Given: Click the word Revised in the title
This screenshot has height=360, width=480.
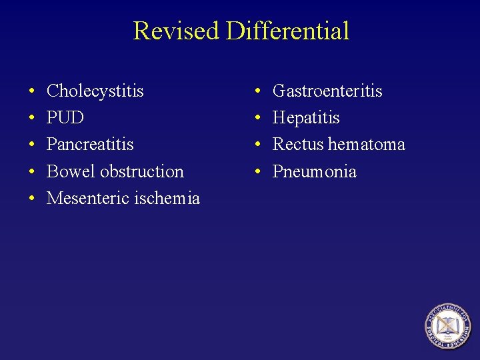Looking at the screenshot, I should point(175,31).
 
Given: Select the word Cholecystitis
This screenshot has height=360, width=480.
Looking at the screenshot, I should point(95,91).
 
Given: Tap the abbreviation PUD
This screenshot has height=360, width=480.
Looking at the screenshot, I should point(65,118).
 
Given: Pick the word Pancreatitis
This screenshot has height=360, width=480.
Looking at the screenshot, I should point(90,145).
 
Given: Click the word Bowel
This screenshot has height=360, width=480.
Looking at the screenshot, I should point(71,171).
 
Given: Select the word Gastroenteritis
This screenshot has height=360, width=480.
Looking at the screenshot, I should point(327,91).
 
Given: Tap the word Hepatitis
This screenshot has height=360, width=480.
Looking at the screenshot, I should point(306,118).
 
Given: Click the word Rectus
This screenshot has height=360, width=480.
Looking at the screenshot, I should point(298,145).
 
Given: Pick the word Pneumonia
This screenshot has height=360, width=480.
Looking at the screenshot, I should point(315,172).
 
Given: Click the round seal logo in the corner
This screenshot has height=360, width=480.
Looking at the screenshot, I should point(449,327).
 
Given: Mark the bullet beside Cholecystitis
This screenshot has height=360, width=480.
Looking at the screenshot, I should point(32,91).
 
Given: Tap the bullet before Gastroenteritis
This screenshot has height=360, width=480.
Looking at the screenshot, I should point(258,91).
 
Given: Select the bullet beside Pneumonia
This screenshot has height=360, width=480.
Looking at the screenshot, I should point(258,172).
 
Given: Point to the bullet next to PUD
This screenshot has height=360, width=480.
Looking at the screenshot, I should point(32,119).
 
